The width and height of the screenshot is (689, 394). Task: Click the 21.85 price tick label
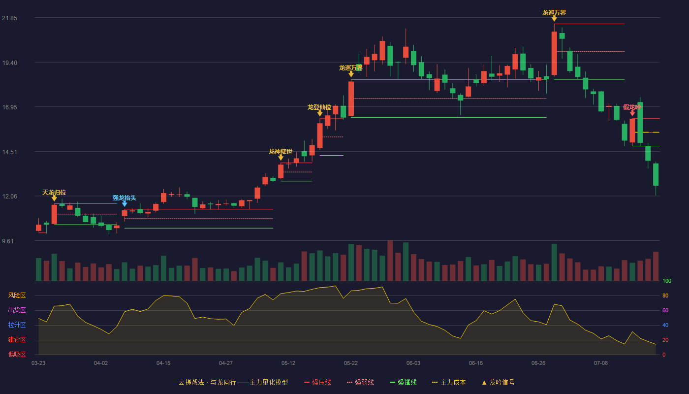tap(9, 18)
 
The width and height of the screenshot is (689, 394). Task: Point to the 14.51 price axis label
tap(9, 152)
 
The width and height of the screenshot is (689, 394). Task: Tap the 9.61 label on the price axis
tap(8, 241)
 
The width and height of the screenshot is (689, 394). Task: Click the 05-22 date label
tap(350, 363)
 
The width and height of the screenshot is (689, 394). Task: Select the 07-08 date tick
tap(601, 363)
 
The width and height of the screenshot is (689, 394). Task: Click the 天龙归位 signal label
tap(54, 193)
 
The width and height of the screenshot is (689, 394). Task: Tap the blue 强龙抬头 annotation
tap(124, 197)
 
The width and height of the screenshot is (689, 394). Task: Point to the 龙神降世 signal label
tap(281, 152)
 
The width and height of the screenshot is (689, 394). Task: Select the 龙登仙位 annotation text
tap(319, 107)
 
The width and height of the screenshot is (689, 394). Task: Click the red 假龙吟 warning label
tap(632, 107)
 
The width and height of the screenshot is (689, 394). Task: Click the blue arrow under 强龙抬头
tap(125, 204)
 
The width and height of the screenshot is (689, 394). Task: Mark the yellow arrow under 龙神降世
tap(281, 158)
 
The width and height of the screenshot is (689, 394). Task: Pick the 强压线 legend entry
tap(318, 382)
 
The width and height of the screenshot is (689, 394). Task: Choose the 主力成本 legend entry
tap(449, 382)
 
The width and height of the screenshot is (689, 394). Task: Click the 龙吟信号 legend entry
tap(498, 382)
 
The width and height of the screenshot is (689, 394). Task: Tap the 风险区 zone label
tap(17, 295)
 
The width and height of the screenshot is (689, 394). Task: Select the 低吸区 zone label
tap(17, 355)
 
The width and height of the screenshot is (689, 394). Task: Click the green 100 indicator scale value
tap(667, 281)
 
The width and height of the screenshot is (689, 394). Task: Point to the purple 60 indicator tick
tap(665, 310)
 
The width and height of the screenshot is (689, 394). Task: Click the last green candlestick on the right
tap(656, 174)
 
